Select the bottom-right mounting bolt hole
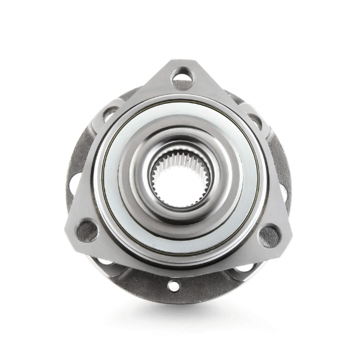point(269,233)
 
